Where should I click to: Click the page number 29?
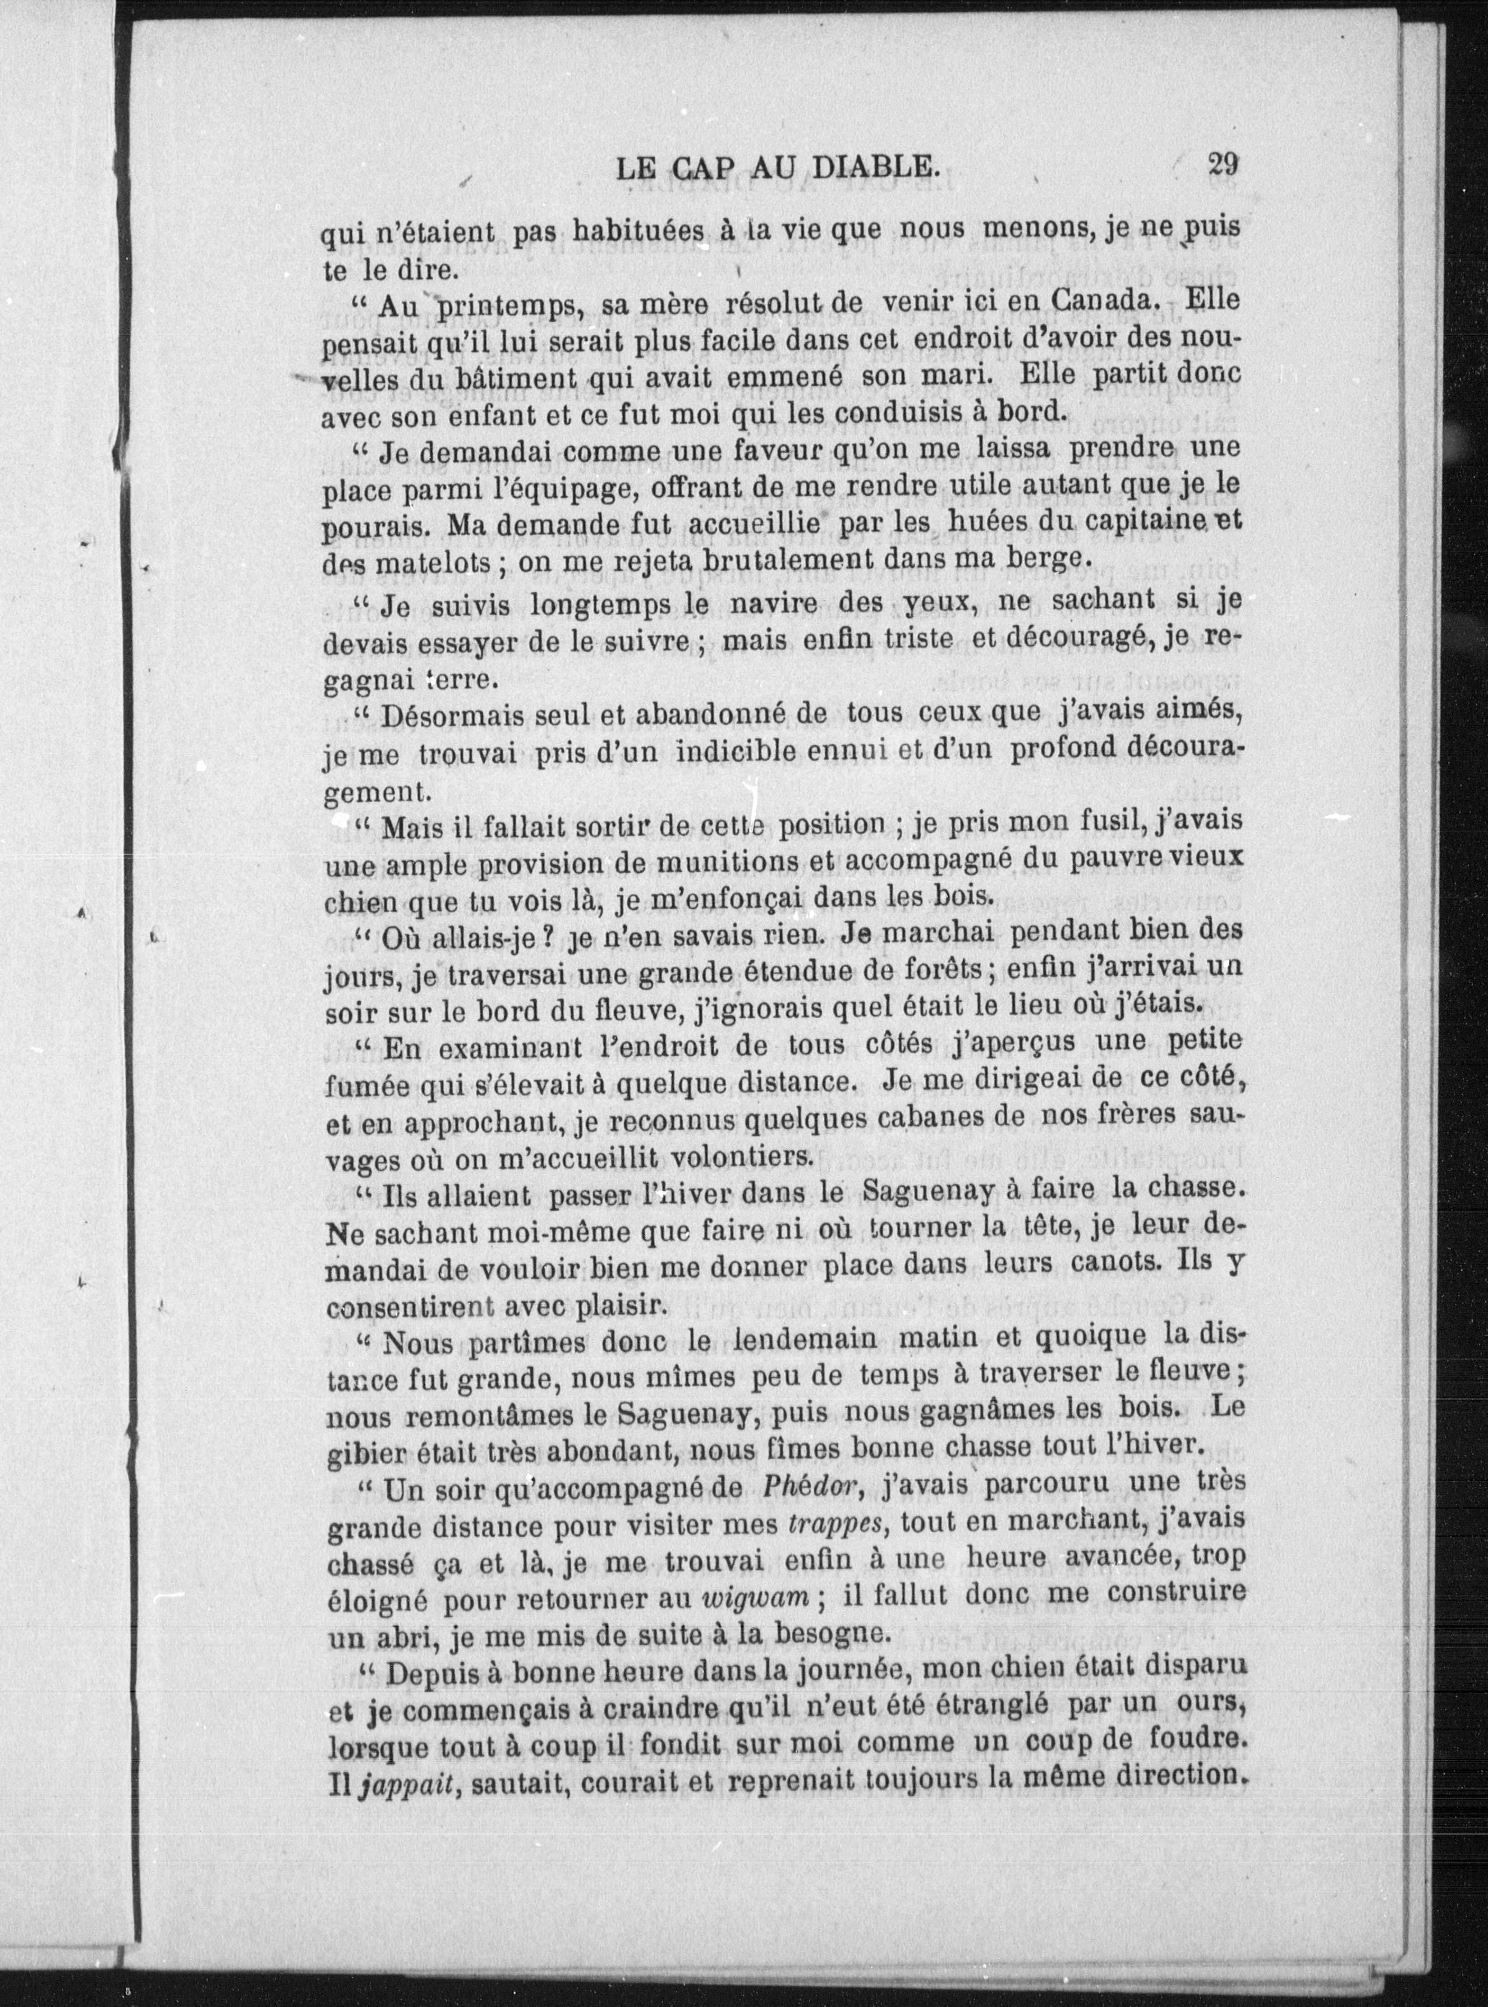tap(1223, 165)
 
